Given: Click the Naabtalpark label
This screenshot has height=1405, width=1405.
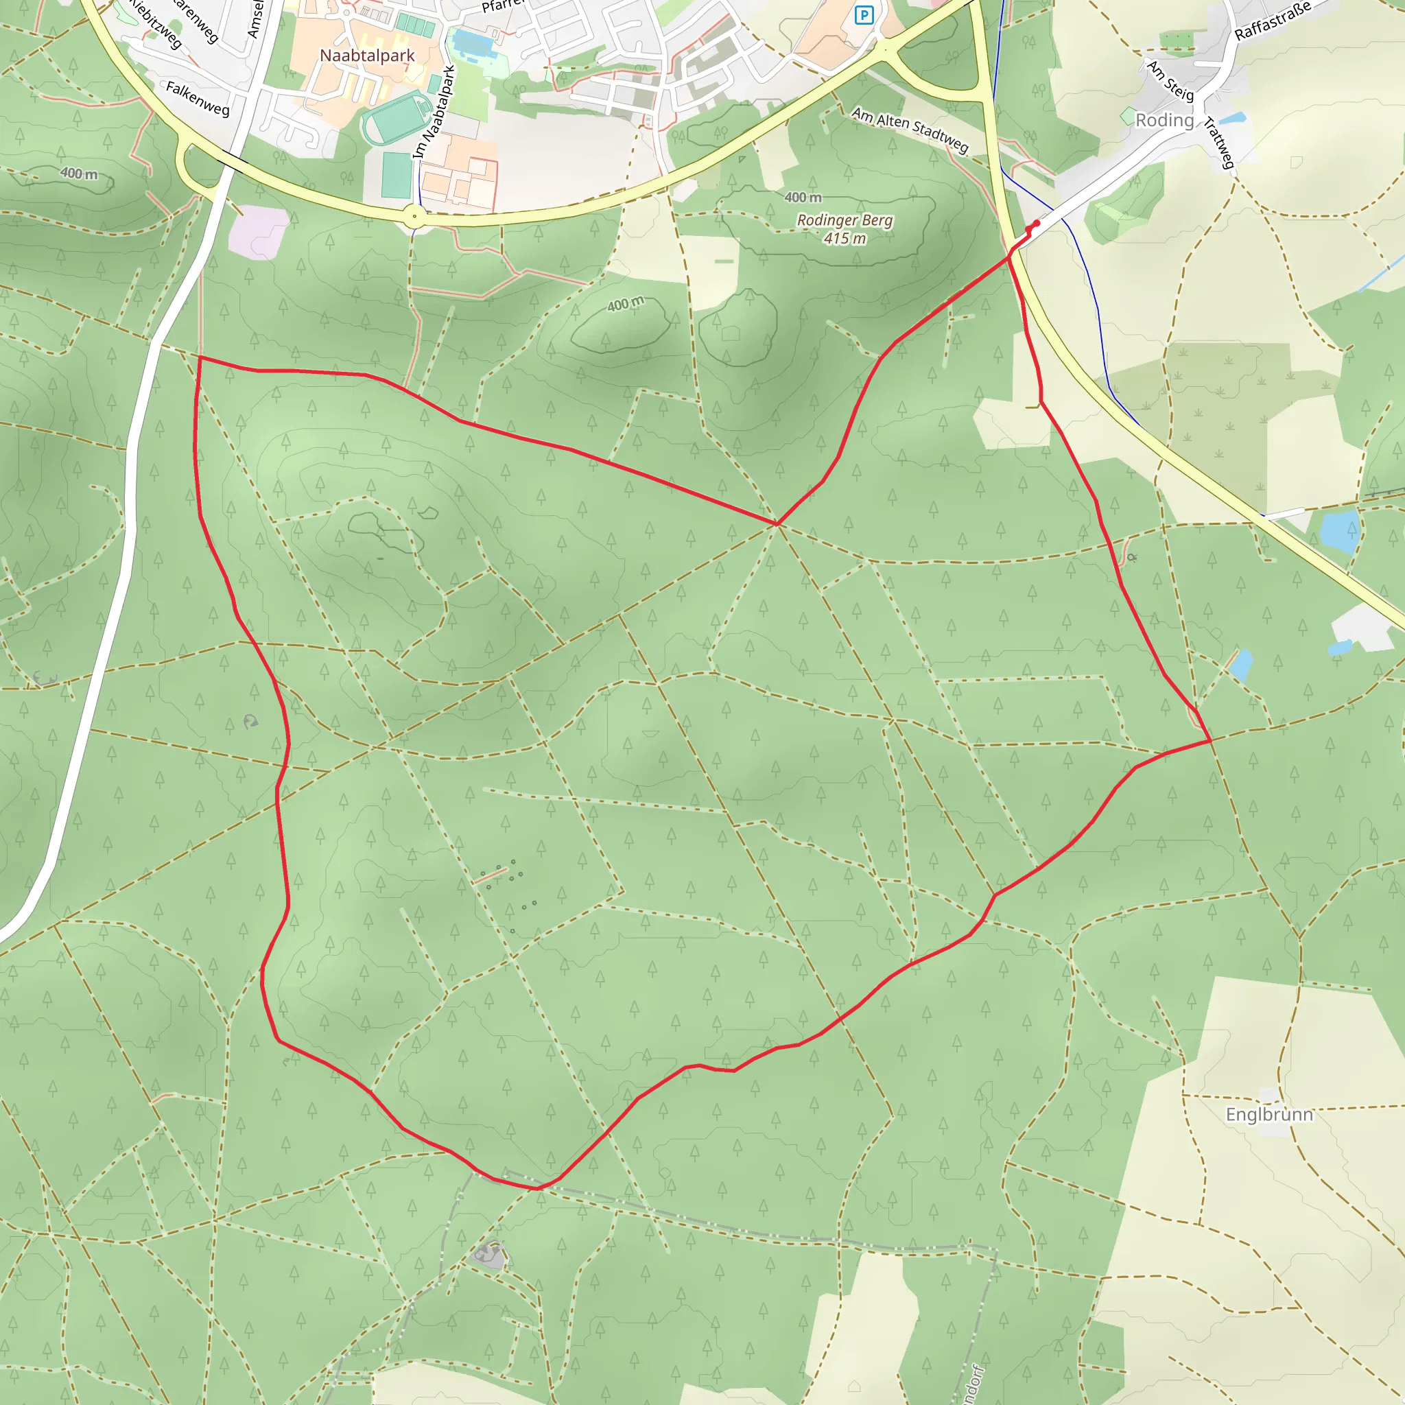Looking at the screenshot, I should click(x=367, y=56).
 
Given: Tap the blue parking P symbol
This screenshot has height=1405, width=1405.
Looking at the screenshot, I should click(x=863, y=15).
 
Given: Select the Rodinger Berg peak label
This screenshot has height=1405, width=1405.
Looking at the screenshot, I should click(x=845, y=220).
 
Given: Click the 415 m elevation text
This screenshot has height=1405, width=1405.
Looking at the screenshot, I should click(x=845, y=238).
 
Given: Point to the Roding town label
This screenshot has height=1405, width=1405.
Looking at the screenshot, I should click(x=1164, y=120).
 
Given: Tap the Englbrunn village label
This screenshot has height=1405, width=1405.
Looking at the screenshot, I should click(x=1269, y=1115).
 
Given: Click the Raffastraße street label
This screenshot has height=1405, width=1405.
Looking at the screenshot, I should click(x=1273, y=21).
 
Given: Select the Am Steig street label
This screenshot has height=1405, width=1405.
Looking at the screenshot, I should click(x=1171, y=81).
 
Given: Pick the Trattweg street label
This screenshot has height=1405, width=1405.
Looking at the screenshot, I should click(x=1220, y=143).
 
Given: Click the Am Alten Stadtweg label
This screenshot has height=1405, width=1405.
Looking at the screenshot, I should click(x=910, y=130).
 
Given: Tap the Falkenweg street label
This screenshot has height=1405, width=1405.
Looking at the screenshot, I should click(x=198, y=98).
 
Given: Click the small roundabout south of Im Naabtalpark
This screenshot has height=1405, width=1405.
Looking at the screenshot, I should click(x=414, y=215).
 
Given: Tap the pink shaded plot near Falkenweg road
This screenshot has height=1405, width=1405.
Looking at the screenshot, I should click(x=258, y=231).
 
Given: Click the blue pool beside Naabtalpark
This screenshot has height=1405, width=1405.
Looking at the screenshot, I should click(x=472, y=44).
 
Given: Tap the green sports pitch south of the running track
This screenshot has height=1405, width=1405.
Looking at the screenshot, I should click(x=397, y=174).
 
